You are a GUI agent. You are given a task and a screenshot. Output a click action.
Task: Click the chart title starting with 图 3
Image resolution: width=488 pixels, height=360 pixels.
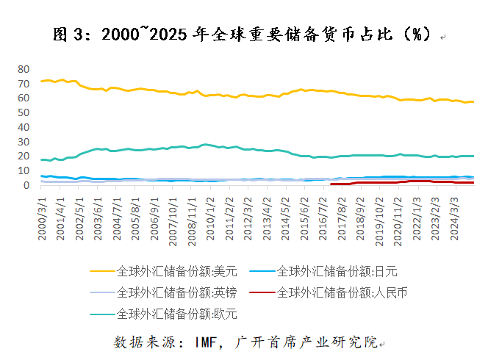243,34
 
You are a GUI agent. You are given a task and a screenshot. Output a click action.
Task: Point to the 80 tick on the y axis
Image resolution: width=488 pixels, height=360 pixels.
24,68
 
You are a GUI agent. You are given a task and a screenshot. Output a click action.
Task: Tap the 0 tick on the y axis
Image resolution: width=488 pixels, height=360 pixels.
26,185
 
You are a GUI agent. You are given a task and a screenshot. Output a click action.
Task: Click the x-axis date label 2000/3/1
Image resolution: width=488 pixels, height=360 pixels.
43,214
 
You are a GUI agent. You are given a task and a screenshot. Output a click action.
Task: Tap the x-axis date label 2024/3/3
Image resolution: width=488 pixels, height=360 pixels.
457,214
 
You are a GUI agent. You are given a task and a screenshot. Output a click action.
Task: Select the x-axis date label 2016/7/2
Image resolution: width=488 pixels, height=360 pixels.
325,214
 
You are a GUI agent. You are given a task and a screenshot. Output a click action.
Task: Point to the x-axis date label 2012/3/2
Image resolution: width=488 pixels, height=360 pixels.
250,214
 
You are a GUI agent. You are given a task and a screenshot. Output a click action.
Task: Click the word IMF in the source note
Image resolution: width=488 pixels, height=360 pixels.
207,342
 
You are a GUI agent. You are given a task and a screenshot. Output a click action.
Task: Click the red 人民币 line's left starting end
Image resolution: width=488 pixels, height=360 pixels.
331,184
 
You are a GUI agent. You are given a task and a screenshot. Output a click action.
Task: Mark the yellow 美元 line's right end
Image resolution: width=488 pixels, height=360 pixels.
473,101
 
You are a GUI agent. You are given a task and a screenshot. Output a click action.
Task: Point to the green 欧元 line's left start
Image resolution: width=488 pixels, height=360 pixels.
41,159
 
